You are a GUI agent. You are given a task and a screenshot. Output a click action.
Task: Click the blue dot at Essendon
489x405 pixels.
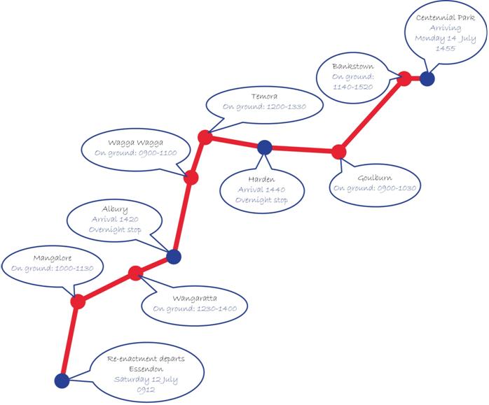click(62, 381)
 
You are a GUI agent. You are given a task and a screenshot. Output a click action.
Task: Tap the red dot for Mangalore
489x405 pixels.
click(78, 301)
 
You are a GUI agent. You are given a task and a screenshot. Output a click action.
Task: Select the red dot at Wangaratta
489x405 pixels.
click(136, 273)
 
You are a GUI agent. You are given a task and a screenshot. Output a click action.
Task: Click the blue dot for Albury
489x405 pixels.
click(174, 257)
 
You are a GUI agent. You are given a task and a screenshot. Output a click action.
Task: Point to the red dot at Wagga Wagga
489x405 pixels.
click(191, 178)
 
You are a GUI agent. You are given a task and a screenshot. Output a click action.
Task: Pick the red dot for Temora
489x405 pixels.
click(205, 137)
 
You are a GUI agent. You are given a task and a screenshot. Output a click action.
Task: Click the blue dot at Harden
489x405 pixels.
click(265, 148)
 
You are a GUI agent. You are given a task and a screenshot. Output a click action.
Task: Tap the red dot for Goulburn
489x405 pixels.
click(339, 152)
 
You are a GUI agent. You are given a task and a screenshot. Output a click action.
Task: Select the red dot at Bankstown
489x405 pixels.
click(404, 78)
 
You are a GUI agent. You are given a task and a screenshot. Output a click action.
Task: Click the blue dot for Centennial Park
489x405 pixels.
click(427, 78)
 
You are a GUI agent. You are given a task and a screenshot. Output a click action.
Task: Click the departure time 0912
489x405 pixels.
click(146, 390)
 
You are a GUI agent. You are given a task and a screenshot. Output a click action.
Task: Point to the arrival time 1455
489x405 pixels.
click(446, 48)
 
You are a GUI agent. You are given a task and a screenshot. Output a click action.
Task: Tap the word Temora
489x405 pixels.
click(264, 97)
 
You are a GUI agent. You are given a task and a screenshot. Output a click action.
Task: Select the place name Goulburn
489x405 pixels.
click(375, 178)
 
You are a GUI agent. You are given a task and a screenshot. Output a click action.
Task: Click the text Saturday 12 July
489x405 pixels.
click(146, 380)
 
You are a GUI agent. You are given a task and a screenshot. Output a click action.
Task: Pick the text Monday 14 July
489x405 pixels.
click(446, 38)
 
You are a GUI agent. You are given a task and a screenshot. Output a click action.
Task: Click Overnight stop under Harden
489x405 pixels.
click(261, 200)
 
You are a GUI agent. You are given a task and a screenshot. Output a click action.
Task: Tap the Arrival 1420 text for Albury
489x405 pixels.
click(115, 219)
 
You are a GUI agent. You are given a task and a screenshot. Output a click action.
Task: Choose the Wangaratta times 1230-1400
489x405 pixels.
click(216, 308)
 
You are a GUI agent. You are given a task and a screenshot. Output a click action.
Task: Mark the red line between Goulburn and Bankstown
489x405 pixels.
click(372, 115)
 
